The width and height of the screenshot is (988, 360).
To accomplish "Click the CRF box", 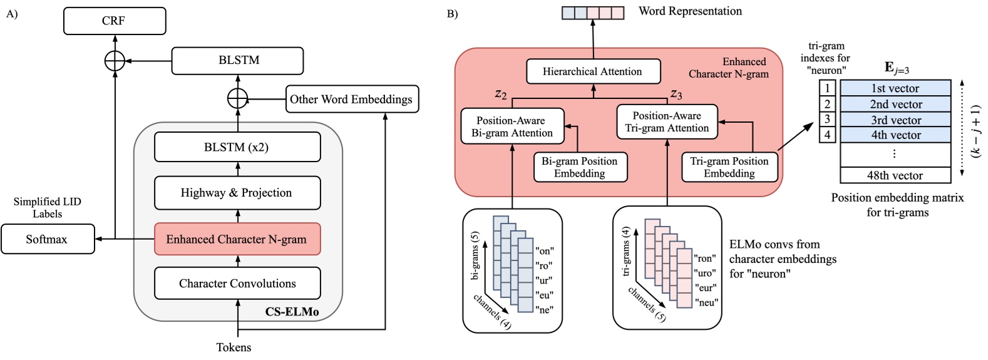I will pyautogui.click(x=115, y=21).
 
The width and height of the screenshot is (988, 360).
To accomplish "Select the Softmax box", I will pyautogui.click(x=48, y=239).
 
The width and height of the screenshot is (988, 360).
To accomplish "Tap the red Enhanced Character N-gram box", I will pyautogui.click(x=237, y=239).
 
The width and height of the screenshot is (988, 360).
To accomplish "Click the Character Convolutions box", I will pyautogui.click(x=237, y=284).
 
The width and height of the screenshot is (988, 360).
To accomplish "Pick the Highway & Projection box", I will pyautogui.click(x=237, y=193).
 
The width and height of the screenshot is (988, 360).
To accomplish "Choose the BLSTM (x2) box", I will pyautogui.click(x=237, y=148).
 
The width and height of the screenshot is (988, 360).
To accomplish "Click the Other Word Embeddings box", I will pyautogui.click(x=351, y=99).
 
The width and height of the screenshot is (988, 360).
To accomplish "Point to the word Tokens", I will pyautogui.click(x=234, y=347).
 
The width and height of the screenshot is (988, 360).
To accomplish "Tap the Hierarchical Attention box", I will pyautogui.click(x=592, y=71).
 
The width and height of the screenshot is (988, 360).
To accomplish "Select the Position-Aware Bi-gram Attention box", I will pyautogui.click(x=512, y=126).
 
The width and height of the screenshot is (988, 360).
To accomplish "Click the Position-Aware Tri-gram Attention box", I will pyautogui.click(x=667, y=121).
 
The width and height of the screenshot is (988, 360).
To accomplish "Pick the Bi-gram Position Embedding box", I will pyautogui.click(x=580, y=167).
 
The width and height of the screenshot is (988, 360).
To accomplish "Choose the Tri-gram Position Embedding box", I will pyautogui.click(x=729, y=167).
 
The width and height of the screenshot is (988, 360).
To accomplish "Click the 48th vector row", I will pyautogui.click(x=895, y=175).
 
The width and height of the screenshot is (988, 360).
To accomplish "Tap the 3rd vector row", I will pyautogui.click(x=895, y=120).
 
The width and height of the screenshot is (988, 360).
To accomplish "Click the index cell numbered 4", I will pyautogui.click(x=827, y=135).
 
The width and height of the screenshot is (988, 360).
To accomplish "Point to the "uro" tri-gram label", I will pyautogui.click(x=706, y=273).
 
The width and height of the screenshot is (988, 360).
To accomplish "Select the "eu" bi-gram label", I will pyautogui.click(x=544, y=295).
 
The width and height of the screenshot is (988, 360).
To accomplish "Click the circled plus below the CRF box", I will pyautogui.click(x=115, y=61).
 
